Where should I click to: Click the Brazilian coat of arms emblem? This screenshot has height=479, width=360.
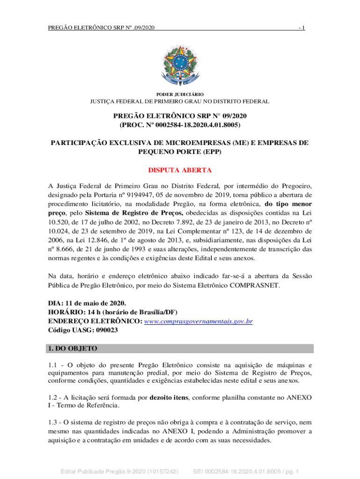pyautogui.click(x=180, y=65)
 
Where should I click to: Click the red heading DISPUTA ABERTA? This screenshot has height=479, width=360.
pyautogui.click(x=180, y=170)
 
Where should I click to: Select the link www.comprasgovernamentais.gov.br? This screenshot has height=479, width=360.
pyautogui.click(x=199, y=321)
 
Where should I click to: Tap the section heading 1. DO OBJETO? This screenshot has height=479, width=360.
pyautogui.click(x=73, y=348)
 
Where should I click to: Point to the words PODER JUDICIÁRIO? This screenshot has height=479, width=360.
pyautogui.click(x=180, y=94)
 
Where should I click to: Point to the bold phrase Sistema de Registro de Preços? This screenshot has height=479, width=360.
pyautogui.click(x=125, y=212)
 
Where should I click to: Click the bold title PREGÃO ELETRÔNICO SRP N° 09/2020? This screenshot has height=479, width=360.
pyautogui.click(x=180, y=116)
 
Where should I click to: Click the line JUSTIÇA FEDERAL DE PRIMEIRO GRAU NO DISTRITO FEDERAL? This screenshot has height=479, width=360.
pyautogui.click(x=180, y=102)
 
